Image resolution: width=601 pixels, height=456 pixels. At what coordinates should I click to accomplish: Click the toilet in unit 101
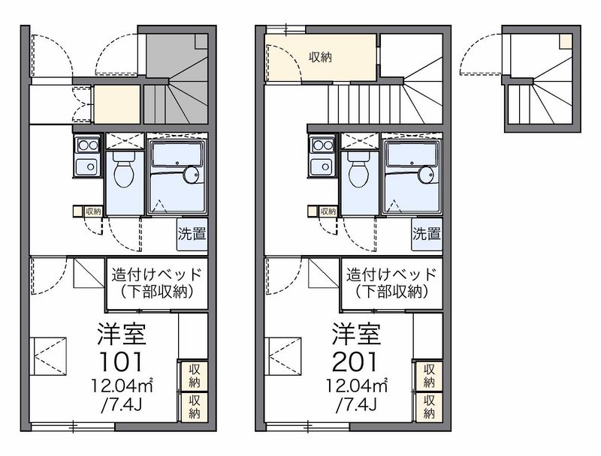point(125,169)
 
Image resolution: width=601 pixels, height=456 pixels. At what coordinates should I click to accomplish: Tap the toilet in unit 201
point(359,169)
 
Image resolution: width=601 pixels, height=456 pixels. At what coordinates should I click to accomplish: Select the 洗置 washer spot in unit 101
point(192,234)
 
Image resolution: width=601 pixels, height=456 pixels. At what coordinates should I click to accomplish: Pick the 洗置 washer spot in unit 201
point(427,234)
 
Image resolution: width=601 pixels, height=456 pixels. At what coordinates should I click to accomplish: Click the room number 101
point(121,362)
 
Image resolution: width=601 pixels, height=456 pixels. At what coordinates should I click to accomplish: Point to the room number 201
point(355,362)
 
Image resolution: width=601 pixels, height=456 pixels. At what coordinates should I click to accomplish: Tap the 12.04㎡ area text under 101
point(122,385)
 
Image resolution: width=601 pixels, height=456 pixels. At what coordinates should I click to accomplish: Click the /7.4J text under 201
point(356,405)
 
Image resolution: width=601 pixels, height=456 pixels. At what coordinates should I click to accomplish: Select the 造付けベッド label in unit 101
point(156,274)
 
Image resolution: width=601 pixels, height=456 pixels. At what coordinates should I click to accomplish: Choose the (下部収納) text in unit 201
point(391,292)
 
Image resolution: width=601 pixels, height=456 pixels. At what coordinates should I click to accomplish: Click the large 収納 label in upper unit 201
point(320,58)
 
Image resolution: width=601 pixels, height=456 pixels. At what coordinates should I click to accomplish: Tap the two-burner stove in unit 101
point(87,145)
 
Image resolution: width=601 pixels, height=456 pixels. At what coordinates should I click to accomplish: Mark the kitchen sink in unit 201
point(323,166)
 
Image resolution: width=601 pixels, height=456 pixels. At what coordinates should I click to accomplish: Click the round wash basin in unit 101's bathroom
point(192,175)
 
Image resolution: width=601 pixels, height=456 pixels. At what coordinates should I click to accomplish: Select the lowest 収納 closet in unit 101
point(195,406)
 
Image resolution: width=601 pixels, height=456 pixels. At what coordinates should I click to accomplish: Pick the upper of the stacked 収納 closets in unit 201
point(429,376)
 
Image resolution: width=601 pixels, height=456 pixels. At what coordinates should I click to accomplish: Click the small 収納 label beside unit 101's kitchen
point(93,211)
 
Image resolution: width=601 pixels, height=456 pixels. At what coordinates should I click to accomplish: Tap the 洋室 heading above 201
point(356,334)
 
